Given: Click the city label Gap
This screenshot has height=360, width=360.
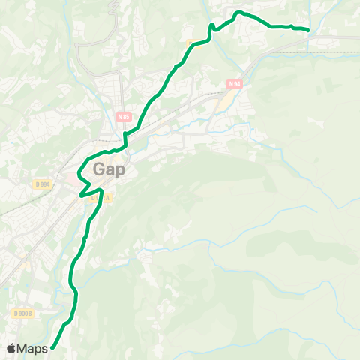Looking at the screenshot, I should [x=109, y=170].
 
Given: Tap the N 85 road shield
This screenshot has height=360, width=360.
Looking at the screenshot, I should [x=124, y=117].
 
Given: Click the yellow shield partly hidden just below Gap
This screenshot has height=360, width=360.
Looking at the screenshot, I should [x=95, y=198].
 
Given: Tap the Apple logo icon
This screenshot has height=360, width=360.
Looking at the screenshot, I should [x=11, y=348].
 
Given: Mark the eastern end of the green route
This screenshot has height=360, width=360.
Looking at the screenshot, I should [x=308, y=29].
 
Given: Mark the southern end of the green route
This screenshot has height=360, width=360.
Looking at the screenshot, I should [x=52, y=346].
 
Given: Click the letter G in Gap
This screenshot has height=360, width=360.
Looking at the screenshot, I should [x=99, y=170].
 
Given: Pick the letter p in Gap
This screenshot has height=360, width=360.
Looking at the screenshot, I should [x=119, y=172].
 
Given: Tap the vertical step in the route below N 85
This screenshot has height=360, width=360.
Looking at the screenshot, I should [x=125, y=140].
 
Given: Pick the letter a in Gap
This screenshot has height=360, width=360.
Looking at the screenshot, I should [x=109, y=171].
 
